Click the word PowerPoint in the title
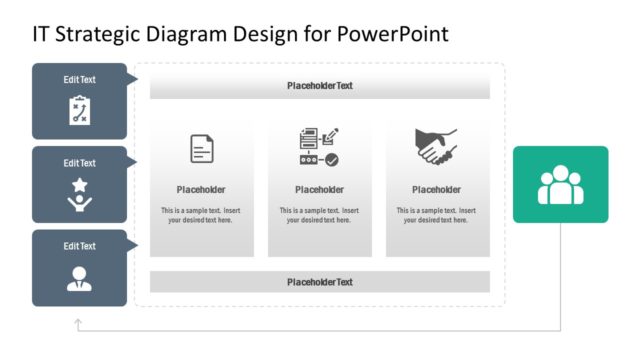pyautogui.click(x=391, y=34)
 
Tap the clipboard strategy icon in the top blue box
pyautogui.click(x=80, y=110)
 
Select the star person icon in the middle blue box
pyautogui.click(x=80, y=194)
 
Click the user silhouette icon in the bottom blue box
pyautogui.click(x=80, y=278)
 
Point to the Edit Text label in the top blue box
pyautogui.click(x=80, y=80)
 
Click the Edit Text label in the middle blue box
pyautogui.click(x=80, y=163)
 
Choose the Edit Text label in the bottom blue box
pyautogui.click(x=80, y=246)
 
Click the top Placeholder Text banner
pyautogui.click(x=320, y=86)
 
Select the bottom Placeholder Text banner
pyautogui.click(x=320, y=282)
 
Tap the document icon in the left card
pyautogui.click(x=202, y=149)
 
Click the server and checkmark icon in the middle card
pyautogui.click(x=319, y=147)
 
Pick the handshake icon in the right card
pyautogui.click(x=436, y=147)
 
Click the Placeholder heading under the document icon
pyautogui.click(x=201, y=190)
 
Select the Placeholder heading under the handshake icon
pyautogui.click(x=436, y=190)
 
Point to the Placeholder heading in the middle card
pyautogui.click(x=319, y=190)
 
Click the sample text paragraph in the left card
pyautogui.click(x=201, y=215)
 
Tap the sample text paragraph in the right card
pyautogui.click(x=436, y=215)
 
